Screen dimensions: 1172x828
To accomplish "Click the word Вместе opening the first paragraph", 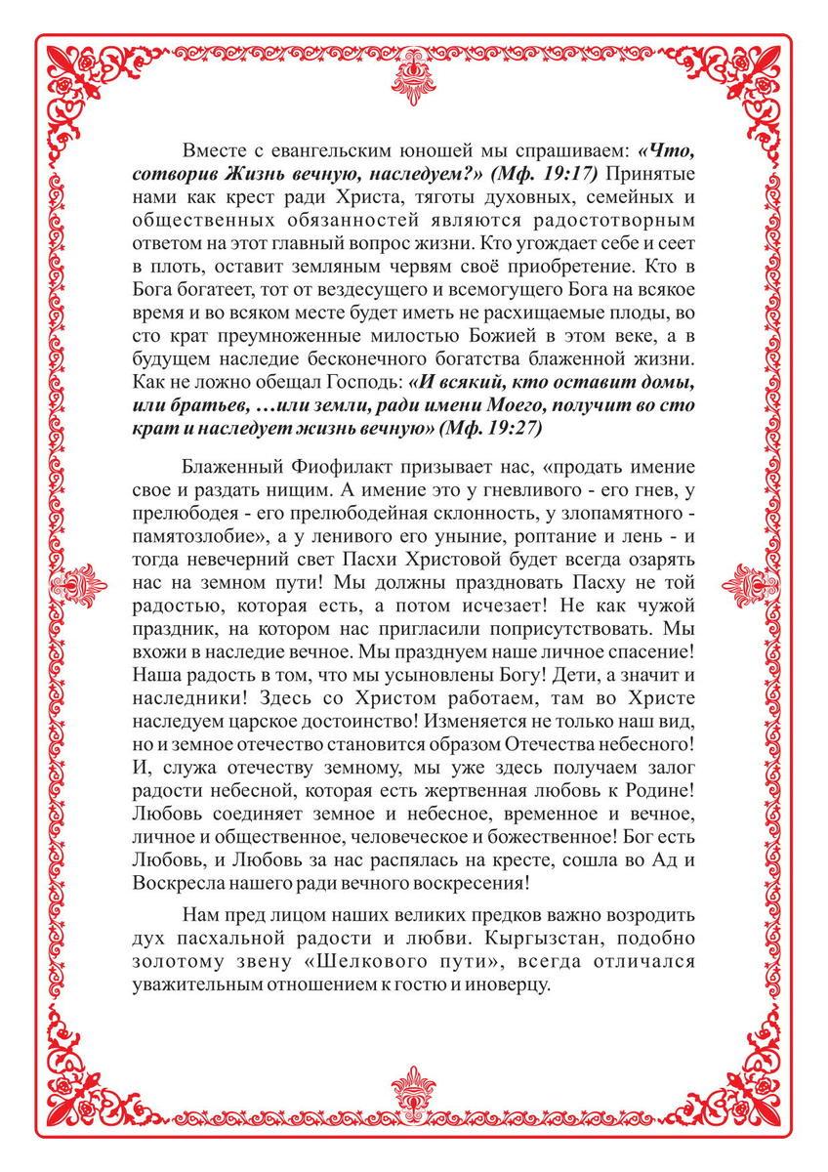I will (213, 152).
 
